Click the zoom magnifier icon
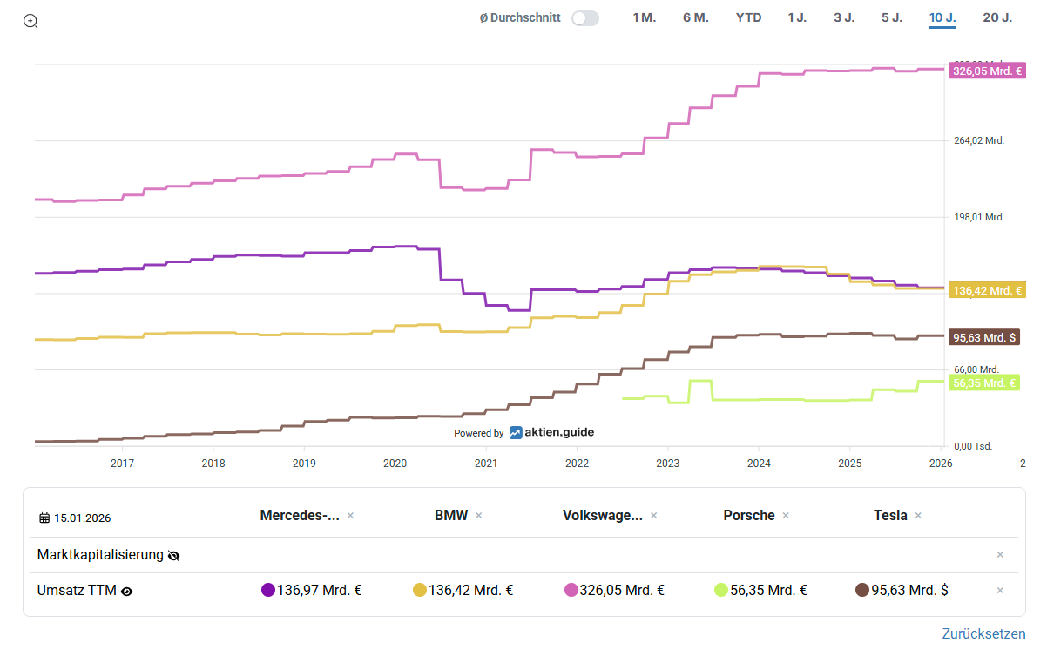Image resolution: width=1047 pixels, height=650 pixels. (30, 21)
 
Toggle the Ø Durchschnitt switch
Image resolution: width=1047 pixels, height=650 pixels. (585, 18)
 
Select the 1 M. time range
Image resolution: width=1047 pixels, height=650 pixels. (644, 17)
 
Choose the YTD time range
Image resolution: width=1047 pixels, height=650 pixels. (748, 17)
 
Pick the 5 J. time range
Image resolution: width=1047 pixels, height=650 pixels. (891, 17)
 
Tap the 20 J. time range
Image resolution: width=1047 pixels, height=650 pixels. (997, 17)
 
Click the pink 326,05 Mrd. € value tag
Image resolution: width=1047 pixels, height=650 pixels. (987, 71)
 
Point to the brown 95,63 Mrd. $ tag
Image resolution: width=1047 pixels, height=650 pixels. (985, 337)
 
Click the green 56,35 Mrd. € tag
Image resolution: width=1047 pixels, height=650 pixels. (985, 383)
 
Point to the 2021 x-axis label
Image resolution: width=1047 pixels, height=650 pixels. (485, 464)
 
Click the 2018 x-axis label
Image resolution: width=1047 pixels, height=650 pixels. (213, 464)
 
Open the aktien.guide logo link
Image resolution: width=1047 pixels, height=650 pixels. (551, 432)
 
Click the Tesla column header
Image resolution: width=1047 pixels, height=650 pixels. (890, 515)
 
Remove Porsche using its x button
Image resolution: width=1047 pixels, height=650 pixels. (786, 516)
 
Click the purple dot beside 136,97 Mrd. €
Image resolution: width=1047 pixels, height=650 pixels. (268, 590)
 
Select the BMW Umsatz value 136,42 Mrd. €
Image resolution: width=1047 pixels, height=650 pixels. (470, 590)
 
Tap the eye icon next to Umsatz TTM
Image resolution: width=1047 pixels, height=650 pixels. (127, 591)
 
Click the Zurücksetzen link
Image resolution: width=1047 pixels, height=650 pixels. (983, 633)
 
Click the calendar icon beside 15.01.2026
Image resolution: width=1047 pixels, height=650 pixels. (44, 518)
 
